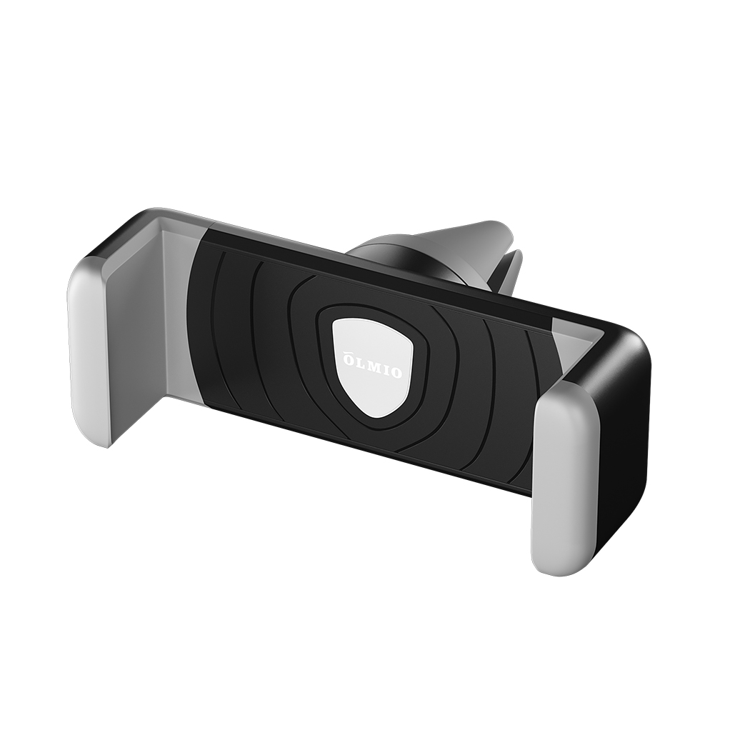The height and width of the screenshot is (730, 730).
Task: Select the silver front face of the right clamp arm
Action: (564, 486)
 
